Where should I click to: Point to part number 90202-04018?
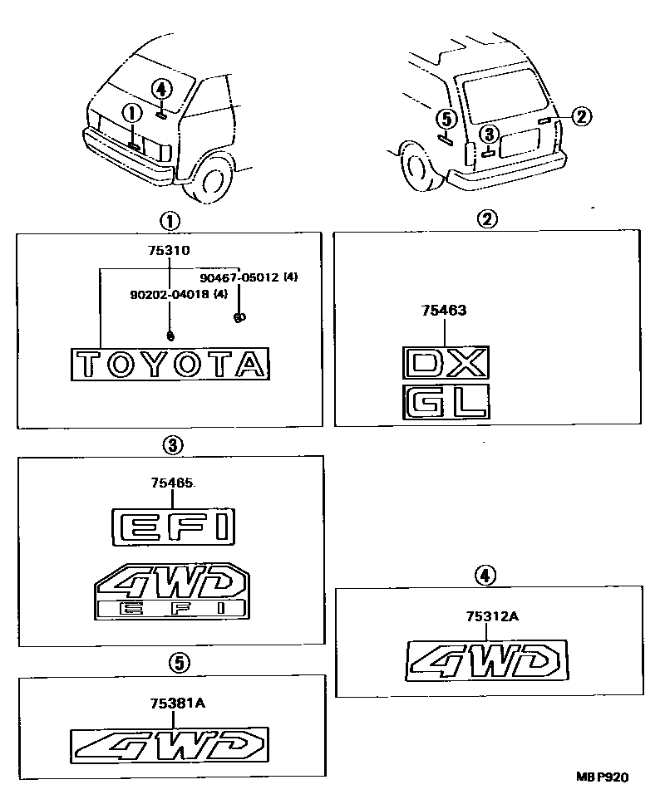pyautogui.click(x=168, y=294)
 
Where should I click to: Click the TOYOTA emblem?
pyautogui.click(x=170, y=364)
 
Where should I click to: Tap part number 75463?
pyautogui.click(x=444, y=311)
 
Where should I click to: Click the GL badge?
pyautogui.click(x=445, y=402)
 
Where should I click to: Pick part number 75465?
pyautogui.click(x=173, y=482)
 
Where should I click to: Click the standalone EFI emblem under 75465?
pyautogui.click(x=173, y=526)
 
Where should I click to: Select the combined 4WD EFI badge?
pyautogui.click(x=171, y=593)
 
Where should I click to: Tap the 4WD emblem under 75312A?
pyautogui.click(x=488, y=660)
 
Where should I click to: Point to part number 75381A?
pyautogui.click(x=177, y=703)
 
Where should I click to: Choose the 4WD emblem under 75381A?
pyautogui.click(x=170, y=744)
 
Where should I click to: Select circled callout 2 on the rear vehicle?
pyautogui.click(x=581, y=116)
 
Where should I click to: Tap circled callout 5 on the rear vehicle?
pyautogui.click(x=446, y=119)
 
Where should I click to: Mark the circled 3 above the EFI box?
pyautogui.click(x=171, y=445)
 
